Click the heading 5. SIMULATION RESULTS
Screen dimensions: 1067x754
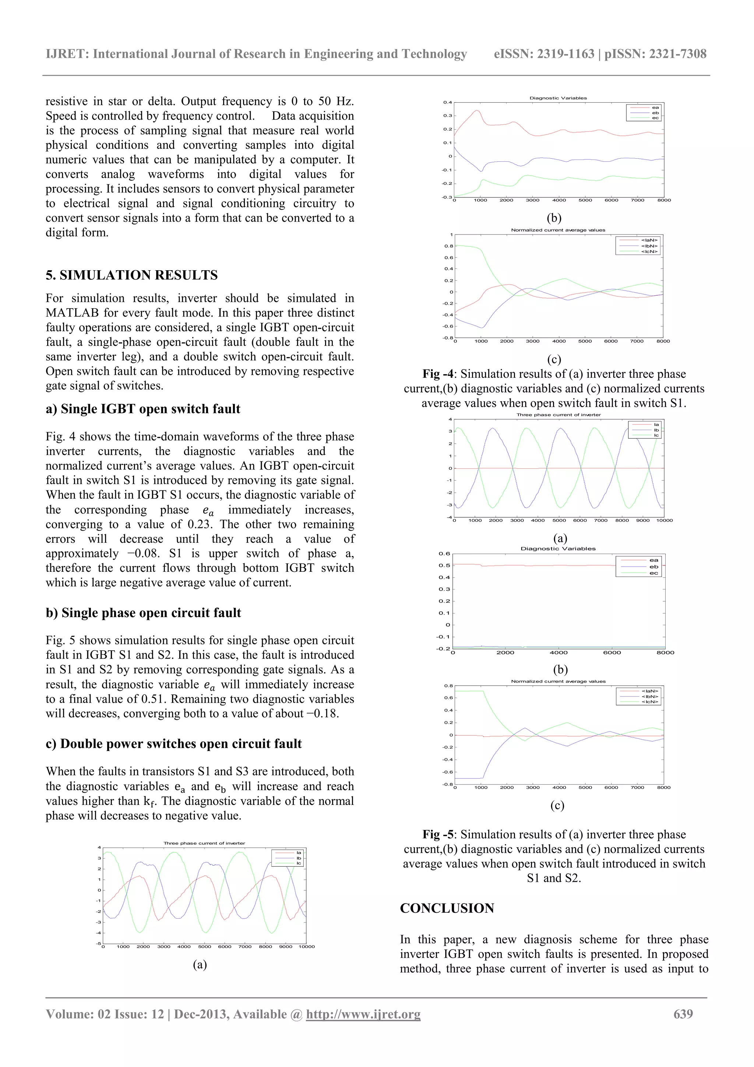(131, 275)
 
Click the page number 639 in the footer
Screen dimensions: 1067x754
(683, 1014)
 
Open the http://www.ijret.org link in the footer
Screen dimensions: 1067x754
(363, 1014)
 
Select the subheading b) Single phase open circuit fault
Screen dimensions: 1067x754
(143, 613)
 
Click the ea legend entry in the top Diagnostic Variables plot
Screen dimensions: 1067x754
(655, 108)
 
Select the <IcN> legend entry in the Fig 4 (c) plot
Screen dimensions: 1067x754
(649, 251)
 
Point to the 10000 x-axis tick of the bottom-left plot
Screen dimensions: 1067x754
(307, 947)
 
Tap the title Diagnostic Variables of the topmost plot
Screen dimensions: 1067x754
(557, 98)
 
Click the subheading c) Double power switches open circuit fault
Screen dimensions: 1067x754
(173, 744)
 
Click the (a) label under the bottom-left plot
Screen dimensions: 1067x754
(200, 964)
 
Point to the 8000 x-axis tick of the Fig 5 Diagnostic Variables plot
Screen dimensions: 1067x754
(665, 652)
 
